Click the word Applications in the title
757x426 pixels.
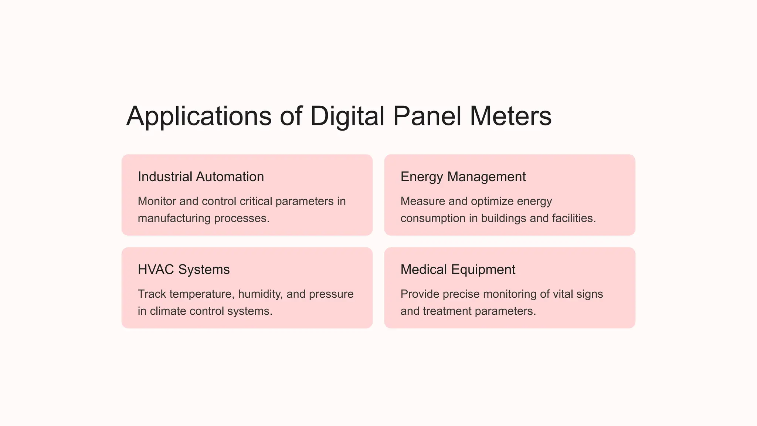click(199, 116)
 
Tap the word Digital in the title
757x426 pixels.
click(347, 116)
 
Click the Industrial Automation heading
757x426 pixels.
click(201, 177)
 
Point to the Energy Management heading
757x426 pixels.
click(463, 177)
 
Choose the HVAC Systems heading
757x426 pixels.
click(184, 270)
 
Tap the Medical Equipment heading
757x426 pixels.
click(458, 270)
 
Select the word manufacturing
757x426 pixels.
click(174, 218)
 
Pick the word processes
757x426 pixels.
click(242, 218)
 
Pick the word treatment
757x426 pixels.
click(447, 311)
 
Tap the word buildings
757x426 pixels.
click(503, 218)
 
